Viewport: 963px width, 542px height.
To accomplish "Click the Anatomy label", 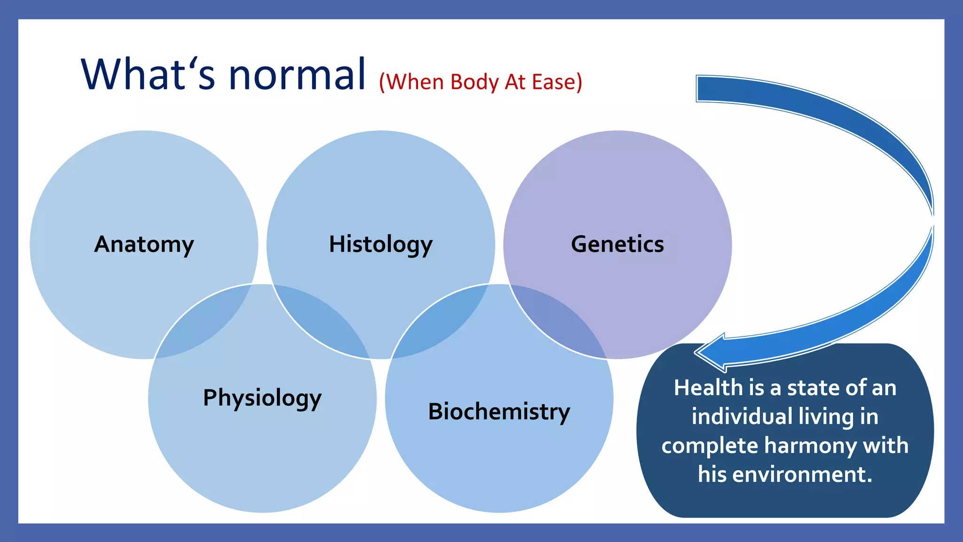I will (144, 244).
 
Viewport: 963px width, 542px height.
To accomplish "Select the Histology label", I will (380, 244).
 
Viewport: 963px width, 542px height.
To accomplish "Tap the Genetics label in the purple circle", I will (617, 244).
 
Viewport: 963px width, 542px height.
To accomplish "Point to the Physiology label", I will (262, 398).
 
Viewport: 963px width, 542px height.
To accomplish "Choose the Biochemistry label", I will (499, 412).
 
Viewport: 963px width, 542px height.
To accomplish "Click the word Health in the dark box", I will (708, 388).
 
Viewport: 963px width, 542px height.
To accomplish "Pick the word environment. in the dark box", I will (802, 474).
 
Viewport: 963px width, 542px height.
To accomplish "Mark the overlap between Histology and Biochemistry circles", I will (440, 325).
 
